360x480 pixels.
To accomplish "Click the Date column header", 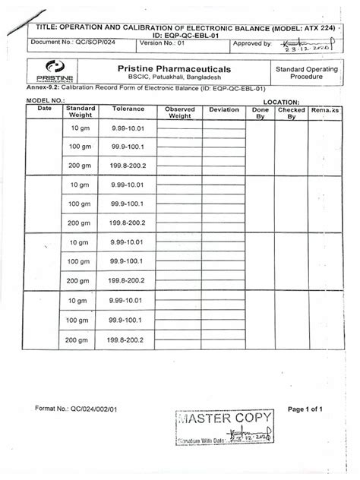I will (43, 110).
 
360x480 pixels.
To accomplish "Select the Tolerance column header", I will (128, 110).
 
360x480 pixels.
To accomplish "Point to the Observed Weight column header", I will (179, 113).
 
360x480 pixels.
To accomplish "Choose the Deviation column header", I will (224, 110).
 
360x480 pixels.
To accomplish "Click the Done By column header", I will (261, 113).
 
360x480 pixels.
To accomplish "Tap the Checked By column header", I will (291, 113).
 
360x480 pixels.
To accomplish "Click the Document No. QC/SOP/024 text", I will (60, 44).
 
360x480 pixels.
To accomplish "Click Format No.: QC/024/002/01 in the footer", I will (75, 410).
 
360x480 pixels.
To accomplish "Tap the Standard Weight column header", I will (81, 113).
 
